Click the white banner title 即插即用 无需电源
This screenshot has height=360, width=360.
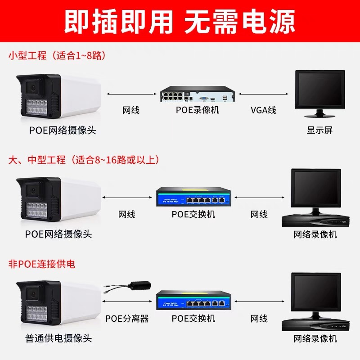[180, 20]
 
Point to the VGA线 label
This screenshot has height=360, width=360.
[263, 110]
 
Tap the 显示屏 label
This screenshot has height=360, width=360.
[319, 130]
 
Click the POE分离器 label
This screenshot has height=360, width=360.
[127, 319]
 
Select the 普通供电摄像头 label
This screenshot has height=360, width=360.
[58, 338]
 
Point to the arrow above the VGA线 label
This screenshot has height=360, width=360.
[263, 94]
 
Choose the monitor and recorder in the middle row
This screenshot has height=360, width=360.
[315, 198]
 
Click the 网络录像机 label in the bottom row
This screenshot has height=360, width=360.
[315, 338]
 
